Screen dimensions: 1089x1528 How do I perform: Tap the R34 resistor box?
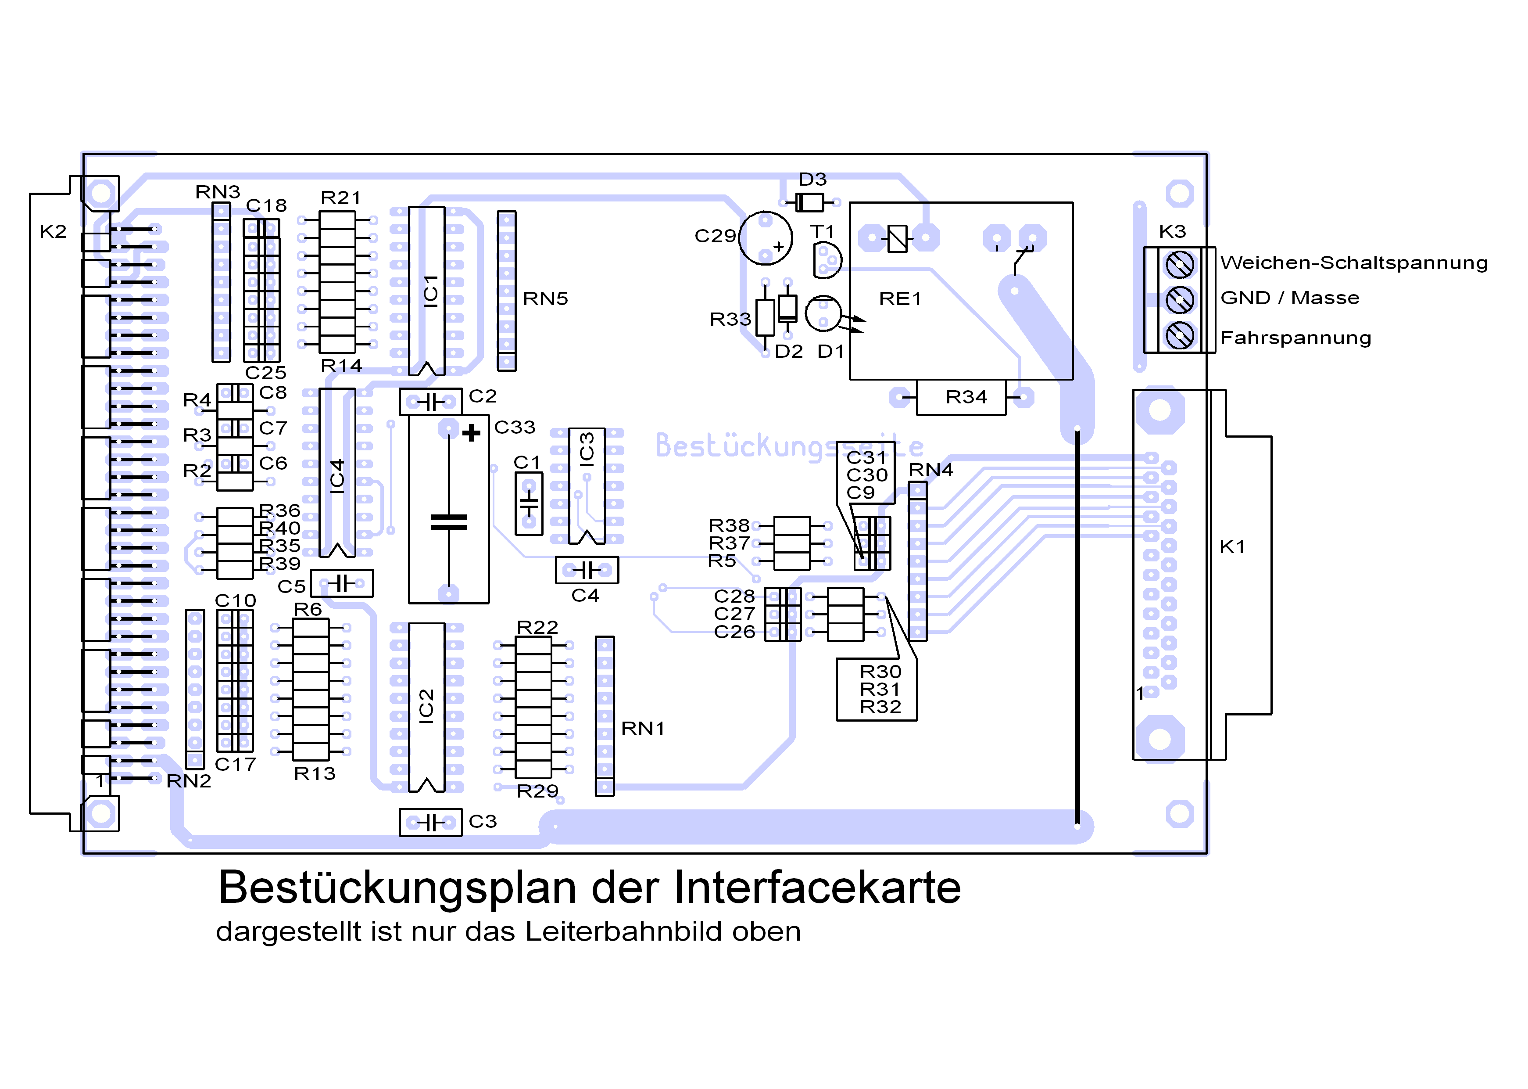click(x=961, y=397)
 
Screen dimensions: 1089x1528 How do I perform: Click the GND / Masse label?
click(x=1289, y=298)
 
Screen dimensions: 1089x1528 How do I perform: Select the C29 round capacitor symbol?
click(x=766, y=237)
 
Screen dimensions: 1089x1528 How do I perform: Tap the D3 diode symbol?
click(x=809, y=202)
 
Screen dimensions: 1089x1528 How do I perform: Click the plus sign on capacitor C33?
click(x=471, y=432)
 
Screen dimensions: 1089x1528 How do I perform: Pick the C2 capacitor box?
click(x=430, y=402)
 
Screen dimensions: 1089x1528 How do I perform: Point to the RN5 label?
click(x=545, y=298)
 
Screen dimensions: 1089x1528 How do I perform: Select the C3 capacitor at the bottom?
click(x=430, y=822)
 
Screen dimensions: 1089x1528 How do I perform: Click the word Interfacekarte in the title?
click(x=817, y=888)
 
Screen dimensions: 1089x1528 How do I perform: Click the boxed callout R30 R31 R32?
click(x=877, y=689)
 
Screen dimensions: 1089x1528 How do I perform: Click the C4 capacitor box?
click(x=587, y=570)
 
